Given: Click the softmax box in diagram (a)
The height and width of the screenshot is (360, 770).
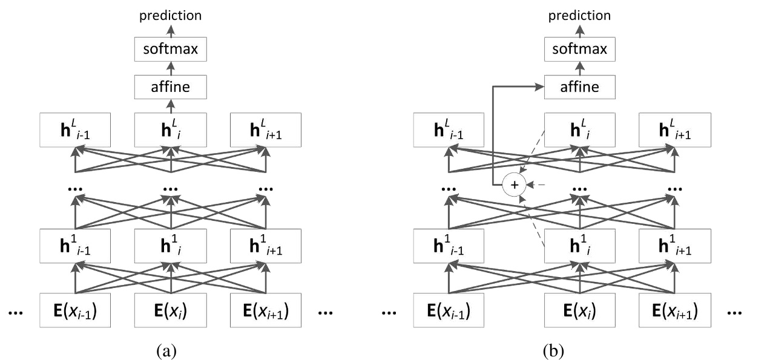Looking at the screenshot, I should [x=171, y=49].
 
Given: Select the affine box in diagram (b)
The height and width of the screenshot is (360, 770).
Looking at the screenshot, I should [x=580, y=87].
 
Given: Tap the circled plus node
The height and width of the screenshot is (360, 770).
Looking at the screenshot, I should [x=515, y=185].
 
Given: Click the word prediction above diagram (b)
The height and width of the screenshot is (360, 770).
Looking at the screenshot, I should [x=580, y=16].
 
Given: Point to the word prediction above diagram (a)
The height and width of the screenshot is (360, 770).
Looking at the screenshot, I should [x=171, y=16].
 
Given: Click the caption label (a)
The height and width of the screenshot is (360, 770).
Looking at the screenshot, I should [x=166, y=349].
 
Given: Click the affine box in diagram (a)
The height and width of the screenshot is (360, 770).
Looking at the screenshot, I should [x=171, y=87].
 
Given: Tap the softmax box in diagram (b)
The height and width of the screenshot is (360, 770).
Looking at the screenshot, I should [x=580, y=49].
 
